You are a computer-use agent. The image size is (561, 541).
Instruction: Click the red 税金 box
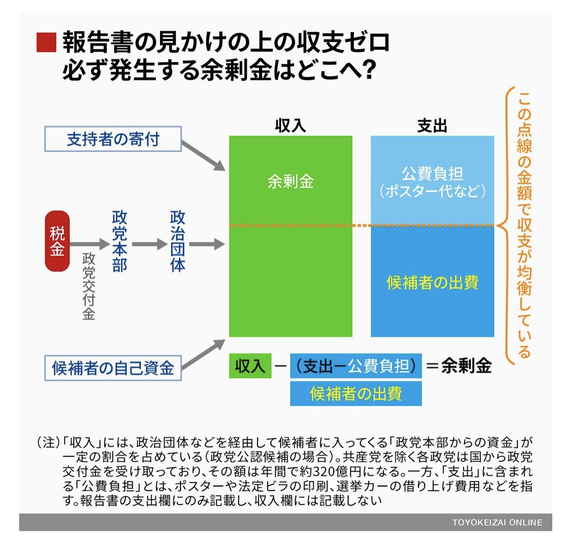[57, 241]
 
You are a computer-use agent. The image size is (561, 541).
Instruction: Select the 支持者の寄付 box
[113, 139]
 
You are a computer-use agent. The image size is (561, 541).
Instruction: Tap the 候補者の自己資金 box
[113, 367]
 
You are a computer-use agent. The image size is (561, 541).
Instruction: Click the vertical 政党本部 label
[119, 241]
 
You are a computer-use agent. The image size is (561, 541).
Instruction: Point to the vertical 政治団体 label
[177, 241]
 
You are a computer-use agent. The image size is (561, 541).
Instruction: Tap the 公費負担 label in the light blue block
[432, 173]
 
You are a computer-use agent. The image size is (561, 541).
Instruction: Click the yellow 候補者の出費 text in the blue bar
[432, 283]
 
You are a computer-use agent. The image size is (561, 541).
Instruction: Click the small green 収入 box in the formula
[250, 366]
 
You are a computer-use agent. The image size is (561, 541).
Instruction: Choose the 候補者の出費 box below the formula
[356, 393]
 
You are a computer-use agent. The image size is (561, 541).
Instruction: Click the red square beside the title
[45, 43]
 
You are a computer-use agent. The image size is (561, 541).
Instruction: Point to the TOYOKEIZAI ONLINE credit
[497, 523]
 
